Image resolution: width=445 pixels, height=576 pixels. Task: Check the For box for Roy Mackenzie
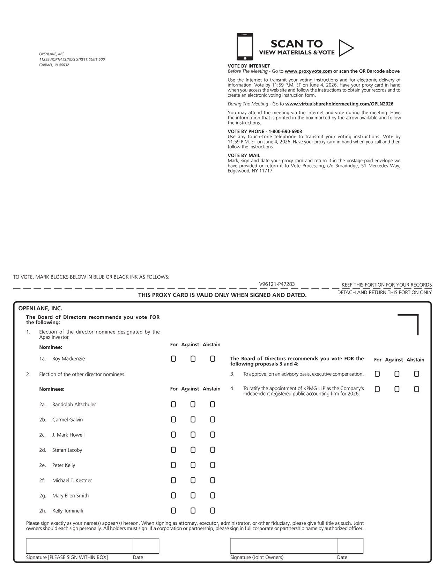173,359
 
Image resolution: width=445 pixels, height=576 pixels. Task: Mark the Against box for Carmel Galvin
193,420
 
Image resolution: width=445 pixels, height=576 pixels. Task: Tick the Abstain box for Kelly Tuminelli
213,511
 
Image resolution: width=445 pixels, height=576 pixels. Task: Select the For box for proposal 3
377,374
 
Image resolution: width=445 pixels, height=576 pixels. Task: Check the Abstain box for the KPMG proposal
416,389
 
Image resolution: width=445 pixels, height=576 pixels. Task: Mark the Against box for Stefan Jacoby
193,450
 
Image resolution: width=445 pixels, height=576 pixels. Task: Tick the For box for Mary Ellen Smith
173,496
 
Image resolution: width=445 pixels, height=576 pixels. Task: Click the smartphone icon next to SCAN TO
245,47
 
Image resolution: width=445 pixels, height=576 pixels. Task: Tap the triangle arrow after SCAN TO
346,48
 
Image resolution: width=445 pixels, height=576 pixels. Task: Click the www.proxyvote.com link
308,71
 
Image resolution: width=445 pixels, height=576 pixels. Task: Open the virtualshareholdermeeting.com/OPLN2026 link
339,104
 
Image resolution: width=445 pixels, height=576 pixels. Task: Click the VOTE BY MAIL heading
244,155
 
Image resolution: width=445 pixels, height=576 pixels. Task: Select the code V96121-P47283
277,284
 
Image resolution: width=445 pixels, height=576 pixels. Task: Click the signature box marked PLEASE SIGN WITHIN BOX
80,546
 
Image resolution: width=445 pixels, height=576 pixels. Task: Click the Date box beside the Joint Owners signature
350,546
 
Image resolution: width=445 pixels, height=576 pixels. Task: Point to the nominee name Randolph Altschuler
74,405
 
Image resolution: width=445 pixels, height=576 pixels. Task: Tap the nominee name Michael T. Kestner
72,480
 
